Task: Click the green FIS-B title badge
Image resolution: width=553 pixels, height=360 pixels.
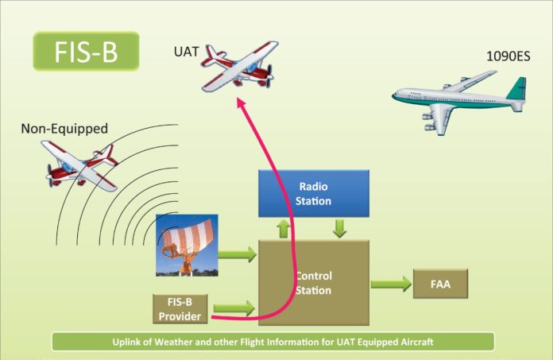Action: click(x=87, y=51)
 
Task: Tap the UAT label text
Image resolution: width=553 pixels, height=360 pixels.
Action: click(x=188, y=52)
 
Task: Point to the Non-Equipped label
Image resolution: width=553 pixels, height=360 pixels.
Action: click(x=64, y=127)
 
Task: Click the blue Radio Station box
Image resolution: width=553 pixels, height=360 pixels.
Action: click(x=314, y=193)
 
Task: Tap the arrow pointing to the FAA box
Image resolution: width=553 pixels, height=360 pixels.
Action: click(x=389, y=284)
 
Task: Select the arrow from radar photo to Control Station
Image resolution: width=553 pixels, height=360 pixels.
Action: click(x=238, y=255)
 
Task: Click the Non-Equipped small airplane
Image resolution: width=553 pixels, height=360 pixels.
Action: click(x=82, y=163)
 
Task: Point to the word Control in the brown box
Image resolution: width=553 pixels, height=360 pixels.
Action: click(x=314, y=277)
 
